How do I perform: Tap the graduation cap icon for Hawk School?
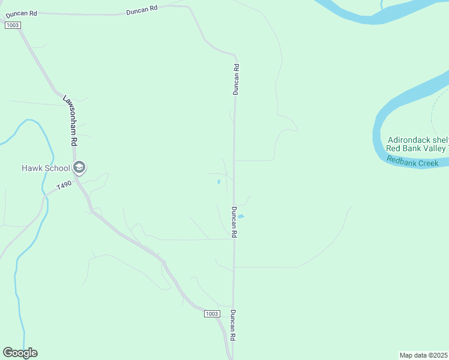(79, 167)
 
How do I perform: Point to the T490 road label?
(64, 187)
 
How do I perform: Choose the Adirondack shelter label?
(418, 139)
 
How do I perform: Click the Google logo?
(20, 353)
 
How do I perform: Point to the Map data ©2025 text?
(423, 355)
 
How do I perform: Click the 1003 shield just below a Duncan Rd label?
(11, 25)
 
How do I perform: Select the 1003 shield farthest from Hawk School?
(211, 314)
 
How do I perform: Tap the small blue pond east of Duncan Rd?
(241, 217)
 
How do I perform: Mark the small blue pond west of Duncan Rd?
(218, 181)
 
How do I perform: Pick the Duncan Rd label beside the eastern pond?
(234, 221)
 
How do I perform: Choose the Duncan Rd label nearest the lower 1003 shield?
(234, 326)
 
